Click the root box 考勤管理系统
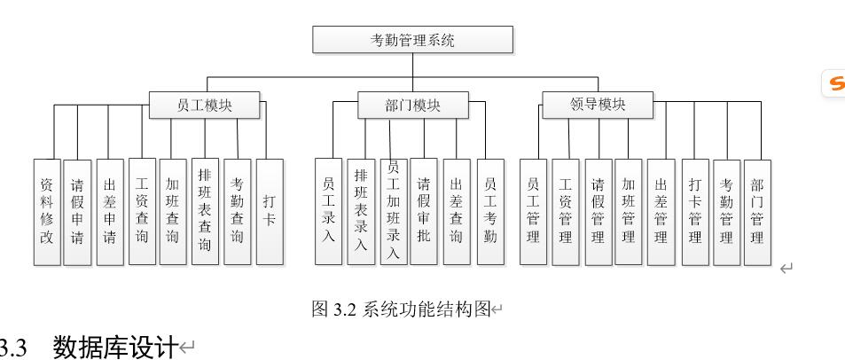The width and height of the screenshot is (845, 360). [x=413, y=40]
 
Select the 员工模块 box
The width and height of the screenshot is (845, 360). [x=205, y=105]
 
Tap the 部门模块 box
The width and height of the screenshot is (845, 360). [x=412, y=105]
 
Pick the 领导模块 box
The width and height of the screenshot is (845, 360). [x=597, y=105]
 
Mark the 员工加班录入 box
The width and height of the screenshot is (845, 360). [x=393, y=211]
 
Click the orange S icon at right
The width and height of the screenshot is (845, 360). [x=836, y=83]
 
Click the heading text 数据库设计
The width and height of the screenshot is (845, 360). [x=115, y=347]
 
